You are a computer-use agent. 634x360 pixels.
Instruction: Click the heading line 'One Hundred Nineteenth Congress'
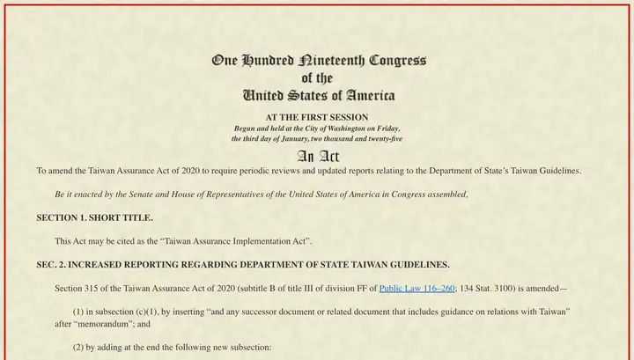[318, 61]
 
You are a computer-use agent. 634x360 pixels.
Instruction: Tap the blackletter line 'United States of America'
[318, 94]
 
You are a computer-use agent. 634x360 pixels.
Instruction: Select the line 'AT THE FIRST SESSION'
[317, 117]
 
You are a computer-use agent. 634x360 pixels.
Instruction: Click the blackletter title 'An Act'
[317, 156]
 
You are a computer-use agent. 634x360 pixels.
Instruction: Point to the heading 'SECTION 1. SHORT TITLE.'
[94, 217]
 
